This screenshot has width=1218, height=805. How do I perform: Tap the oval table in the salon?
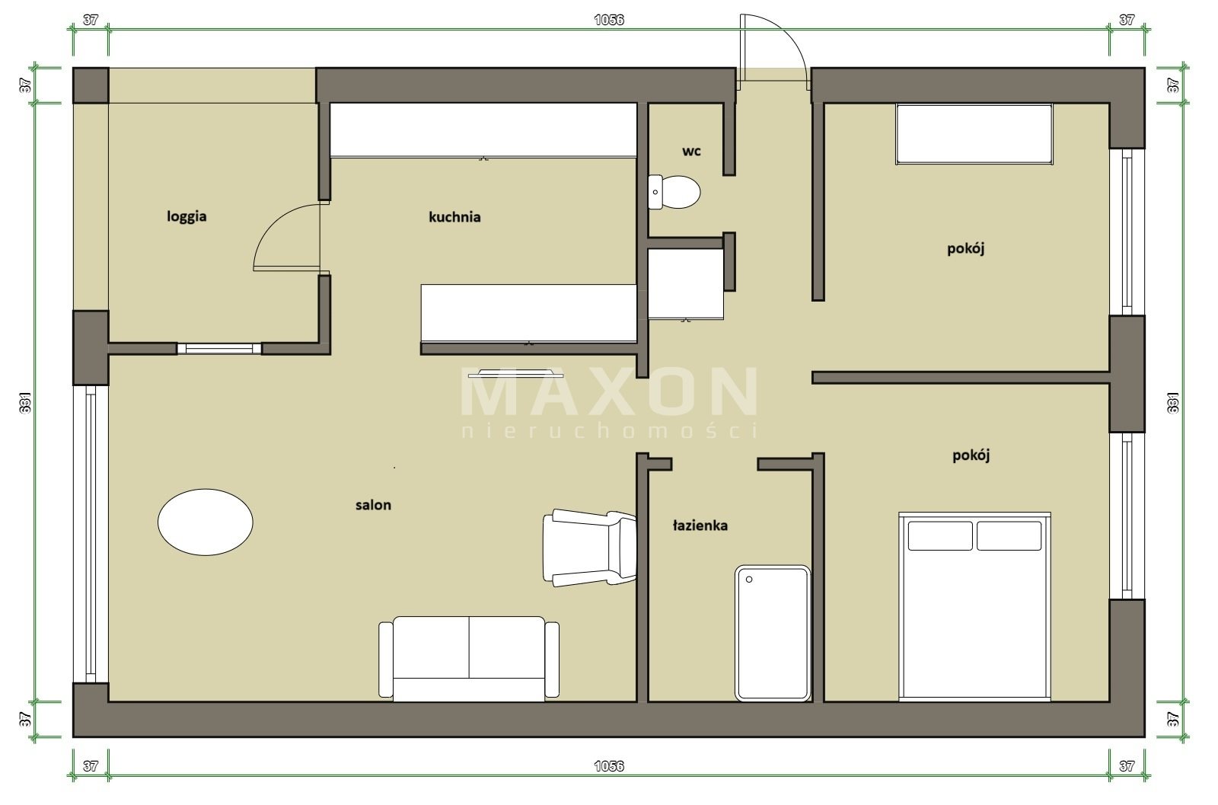206,522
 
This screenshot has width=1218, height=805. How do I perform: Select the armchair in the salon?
590,548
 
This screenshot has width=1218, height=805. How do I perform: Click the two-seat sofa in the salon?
469,659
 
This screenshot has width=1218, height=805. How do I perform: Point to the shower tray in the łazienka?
773,633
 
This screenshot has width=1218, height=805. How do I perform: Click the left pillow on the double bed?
940,535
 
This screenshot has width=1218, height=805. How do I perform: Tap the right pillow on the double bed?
1009,535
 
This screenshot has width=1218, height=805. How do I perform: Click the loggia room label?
187,216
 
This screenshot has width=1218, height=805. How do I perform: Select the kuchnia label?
454,217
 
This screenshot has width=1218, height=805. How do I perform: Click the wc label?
692,152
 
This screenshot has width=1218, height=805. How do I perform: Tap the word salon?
374,505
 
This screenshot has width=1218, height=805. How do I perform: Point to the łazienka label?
700,525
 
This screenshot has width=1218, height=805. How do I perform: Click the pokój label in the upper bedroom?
966,248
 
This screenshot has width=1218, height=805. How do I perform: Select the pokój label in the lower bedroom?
971,455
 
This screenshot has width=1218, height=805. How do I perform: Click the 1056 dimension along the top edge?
609,20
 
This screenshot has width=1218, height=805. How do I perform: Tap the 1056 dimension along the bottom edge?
609,766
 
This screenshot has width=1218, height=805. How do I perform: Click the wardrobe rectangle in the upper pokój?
974,134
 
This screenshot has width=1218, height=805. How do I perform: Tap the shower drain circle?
749,580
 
